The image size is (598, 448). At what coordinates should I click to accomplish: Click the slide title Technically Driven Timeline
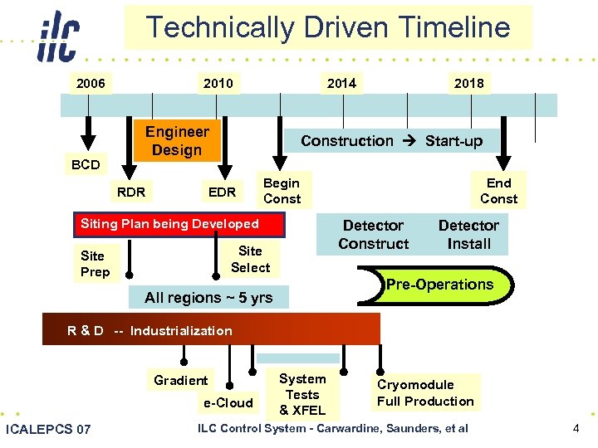[328, 27]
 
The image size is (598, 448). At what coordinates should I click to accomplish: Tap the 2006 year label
[91, 83]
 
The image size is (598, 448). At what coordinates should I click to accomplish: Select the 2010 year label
[218, 83]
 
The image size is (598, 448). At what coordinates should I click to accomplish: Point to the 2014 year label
[341, 82]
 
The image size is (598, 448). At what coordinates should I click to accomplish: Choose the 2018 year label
[468, 83]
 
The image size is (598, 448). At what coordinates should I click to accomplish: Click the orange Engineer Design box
[177, 141]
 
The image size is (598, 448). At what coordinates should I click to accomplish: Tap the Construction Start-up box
[391, 141]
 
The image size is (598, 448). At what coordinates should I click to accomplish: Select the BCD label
[86, 164]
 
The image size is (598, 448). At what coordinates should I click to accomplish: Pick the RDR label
[131, 192]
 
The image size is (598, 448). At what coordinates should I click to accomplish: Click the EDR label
[222, 192]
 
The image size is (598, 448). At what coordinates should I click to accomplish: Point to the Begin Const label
[282, 191]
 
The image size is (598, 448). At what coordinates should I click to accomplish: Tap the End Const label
[498, 191]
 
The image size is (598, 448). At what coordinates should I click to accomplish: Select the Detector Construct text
[374, 235]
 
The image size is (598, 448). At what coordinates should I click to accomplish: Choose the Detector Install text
[468, 235]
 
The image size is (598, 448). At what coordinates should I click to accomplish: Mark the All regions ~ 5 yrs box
[208, 298]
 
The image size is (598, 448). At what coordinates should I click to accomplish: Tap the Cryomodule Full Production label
[425, 393]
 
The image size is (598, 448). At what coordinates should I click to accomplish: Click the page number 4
[576, 428]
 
